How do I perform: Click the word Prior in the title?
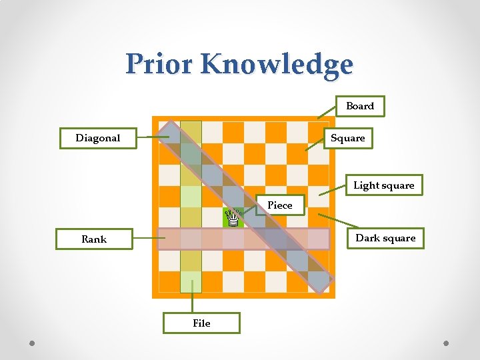pos(159,64)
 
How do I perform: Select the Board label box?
pos(360,106)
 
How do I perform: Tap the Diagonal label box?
pos(98,138)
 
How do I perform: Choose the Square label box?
pos(348,138)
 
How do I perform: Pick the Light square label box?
pos(383,185)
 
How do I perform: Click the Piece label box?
pos(280,205)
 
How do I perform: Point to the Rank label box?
pos(94,239)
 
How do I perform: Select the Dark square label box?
pos(385,238)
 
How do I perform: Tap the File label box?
pos(201,323)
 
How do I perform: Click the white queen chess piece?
pos(233,217)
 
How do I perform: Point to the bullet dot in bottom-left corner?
pos(33,343)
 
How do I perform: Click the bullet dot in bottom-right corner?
pos(446,343)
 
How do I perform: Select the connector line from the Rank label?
pos(145,239)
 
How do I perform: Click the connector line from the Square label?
pos(314,145)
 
